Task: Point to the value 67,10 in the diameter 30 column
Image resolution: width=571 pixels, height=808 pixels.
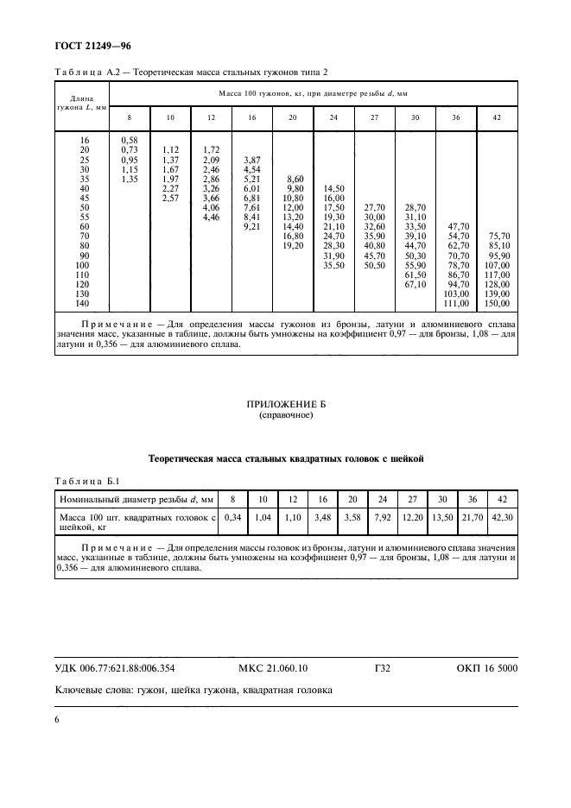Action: [416, 284]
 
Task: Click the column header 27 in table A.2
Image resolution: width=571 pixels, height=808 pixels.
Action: [375, 116]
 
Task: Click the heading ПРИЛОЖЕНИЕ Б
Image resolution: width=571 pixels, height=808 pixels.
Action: [285, 404]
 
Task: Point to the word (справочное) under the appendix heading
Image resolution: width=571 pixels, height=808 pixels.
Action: [285, 415]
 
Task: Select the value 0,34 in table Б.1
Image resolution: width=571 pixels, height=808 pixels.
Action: [231, 517]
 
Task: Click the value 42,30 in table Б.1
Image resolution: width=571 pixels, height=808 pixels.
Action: [499, 517]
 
